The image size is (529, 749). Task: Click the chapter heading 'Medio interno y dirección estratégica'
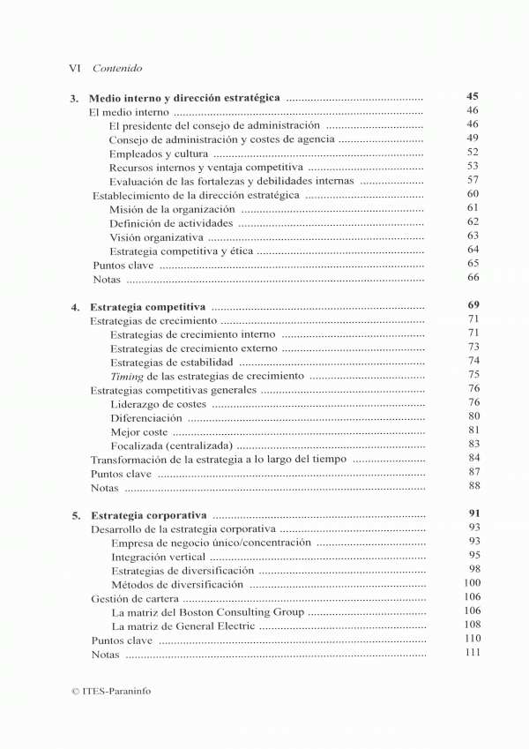(x=185, y=98)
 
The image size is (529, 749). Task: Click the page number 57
(x=473, y=180)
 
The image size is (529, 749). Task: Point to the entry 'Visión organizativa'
(x=156, y=237)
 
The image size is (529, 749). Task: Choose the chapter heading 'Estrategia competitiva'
(x=148, y=306)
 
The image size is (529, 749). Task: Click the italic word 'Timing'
(x=127, y=375)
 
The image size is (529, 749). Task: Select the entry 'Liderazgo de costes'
(x=158, y=402)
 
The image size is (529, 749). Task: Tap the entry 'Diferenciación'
(x=145, y=416)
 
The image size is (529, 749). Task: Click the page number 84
(x=473, y=458)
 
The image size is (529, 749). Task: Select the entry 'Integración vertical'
(x=158, y=557)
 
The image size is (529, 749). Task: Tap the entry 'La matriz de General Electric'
(x=183, y=625)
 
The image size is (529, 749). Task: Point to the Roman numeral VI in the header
(x=76, y=67)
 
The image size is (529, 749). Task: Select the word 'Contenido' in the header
(x=117, y=67)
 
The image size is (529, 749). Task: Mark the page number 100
(x=472, y=583)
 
